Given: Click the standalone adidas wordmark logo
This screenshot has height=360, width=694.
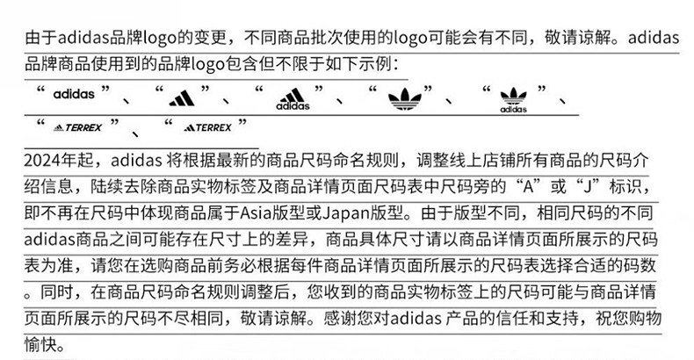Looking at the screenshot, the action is (x=74, y=94).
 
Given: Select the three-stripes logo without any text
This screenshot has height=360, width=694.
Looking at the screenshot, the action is (x=182, y=97).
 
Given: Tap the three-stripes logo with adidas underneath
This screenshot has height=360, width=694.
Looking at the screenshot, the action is (x=293, y=99).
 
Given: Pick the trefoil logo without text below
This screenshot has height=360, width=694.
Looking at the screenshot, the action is (x=404, y=98).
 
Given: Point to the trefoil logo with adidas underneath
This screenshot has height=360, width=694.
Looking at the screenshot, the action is (x=513, y=100).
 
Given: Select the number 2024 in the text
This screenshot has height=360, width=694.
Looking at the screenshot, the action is (x=41, y=160).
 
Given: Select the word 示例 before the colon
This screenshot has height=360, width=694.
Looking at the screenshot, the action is (x=375, y=64).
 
